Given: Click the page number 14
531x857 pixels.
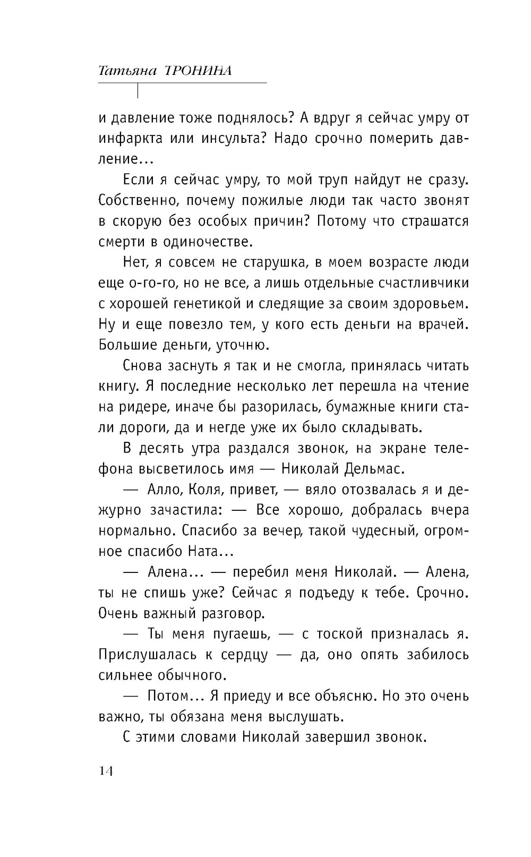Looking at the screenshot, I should (106, 772).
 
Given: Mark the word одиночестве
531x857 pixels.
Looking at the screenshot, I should (205, 242).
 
